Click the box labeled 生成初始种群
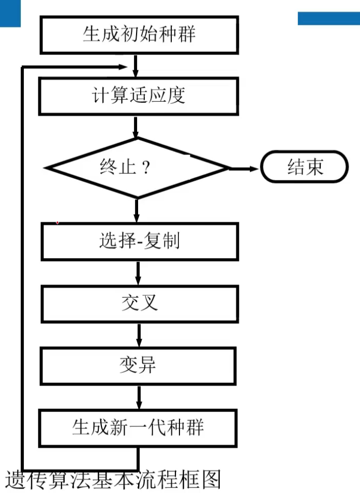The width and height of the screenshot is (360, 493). point(139,35)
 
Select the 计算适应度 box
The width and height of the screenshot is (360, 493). point(139,96)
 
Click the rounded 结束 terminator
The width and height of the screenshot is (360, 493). point(304,167)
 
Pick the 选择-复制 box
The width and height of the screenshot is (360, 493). point(139,241)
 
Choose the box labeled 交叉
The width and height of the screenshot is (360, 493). point(139,303)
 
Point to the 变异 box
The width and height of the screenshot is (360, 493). point(138,365)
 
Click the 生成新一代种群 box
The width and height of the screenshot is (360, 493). point(139,427)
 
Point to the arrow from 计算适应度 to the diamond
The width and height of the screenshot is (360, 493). point(136,127)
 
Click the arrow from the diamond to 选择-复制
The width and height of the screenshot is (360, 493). point(137,210)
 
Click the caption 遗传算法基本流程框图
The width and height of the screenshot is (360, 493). point(113,480)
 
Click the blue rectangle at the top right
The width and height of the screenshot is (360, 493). point(328,18)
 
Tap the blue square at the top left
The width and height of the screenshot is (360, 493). point(10,13)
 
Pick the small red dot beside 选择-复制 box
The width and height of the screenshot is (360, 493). point(57,223)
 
